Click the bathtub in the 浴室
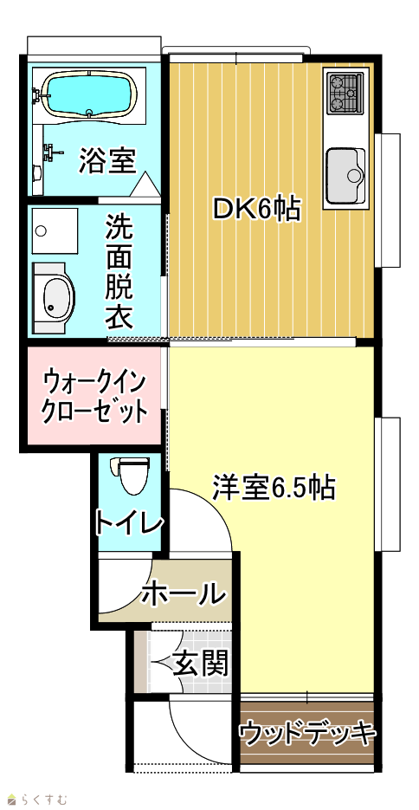click(89, 94)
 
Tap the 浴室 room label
click(107, 160)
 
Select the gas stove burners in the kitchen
click(345, 94)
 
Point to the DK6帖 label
click(258, 210)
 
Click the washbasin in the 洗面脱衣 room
click(55, 298)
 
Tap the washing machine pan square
click(55, 231)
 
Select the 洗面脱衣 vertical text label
click(119, 272)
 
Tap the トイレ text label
click(129, 522)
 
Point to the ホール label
click(184, 593)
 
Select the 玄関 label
click(201, 664)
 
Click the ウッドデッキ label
click(306, 733)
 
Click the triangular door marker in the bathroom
click(144, 185)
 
